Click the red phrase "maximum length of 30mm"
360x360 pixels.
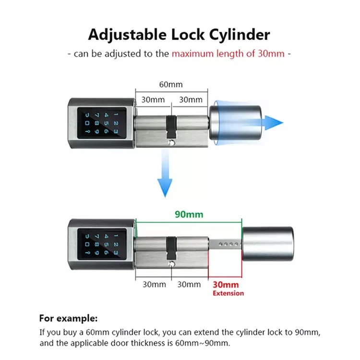[x=228, y=53]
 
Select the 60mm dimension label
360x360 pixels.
[x=171, y=84]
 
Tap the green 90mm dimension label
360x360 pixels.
[x=189, y=215]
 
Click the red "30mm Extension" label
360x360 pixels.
[x=228, y=288]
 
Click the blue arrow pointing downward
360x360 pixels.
[x=165, y=178]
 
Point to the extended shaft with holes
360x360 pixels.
[x=226, y=244]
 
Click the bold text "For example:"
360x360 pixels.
[x=68, y=318]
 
